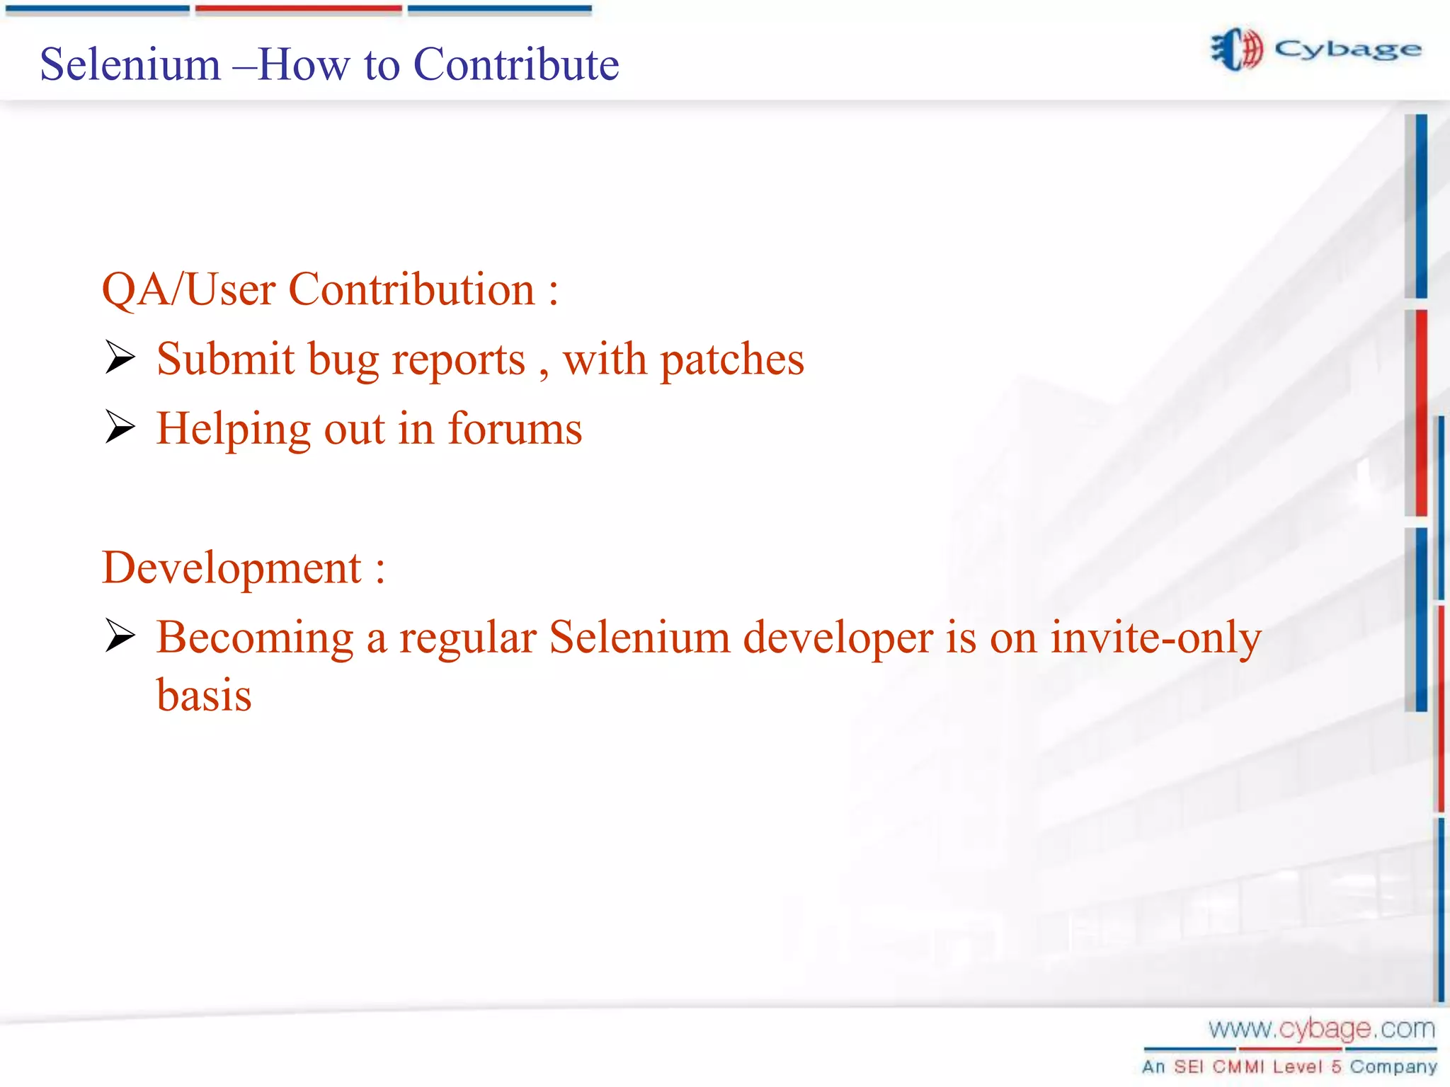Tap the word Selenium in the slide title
click(x=130, y=64)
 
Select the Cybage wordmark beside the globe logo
click(x=1347, y=50)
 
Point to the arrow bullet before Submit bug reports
click(x=120, y=357)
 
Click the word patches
click(x=732, y=360)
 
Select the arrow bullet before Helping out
click(x=120, y=427)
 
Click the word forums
click(x=515, y=428)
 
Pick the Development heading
click(x=232, y=568)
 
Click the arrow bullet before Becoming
click(x=120, y=635)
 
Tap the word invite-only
click(x=1155, y=637)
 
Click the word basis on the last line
click(x=204, y=695)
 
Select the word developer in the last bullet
click(x=838, y=637)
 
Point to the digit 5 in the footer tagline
click(x=1336, y=1066)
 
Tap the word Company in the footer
click(x=1393, y=1066)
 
